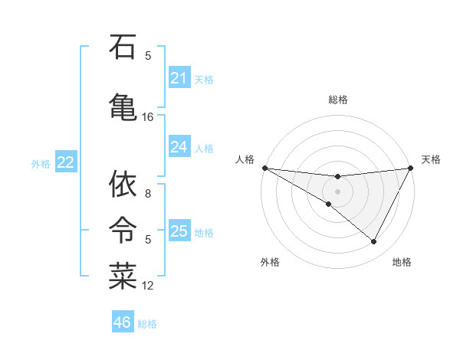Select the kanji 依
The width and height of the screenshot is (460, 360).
123,184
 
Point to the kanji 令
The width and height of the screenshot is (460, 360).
123,227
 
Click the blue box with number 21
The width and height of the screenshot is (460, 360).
179,78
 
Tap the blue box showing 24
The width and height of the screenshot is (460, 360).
179,147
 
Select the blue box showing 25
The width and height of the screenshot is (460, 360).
179,231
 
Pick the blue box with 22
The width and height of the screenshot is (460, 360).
65,162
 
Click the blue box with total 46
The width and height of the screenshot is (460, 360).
123,322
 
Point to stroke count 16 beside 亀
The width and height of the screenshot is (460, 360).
148,117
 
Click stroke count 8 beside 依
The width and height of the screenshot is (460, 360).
148,195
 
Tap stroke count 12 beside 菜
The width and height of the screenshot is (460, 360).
148,286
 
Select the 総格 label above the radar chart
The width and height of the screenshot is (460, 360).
338,100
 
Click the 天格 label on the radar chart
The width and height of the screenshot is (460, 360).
431,159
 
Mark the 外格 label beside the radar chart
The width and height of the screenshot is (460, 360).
270,262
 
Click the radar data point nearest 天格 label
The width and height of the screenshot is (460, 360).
411,168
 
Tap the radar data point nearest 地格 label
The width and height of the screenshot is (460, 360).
374,242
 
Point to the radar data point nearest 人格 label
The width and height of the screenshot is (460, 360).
264,168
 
